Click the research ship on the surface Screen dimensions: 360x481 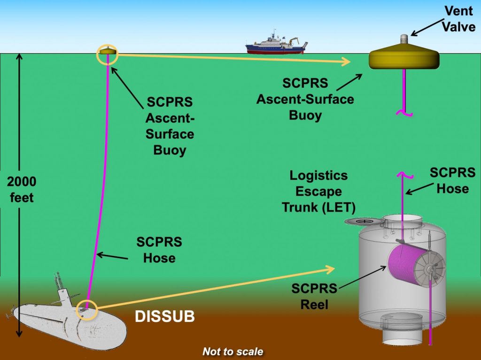point(276,44)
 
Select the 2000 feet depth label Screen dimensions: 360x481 point(22,190)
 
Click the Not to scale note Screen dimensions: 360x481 point(233,352)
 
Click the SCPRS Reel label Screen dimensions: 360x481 point(314,296)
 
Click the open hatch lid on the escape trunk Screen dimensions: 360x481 point(362,221)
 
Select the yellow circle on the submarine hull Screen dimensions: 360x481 point(87,310)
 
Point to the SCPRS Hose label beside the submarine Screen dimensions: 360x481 point(159,250)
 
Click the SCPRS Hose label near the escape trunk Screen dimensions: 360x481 point(452,181)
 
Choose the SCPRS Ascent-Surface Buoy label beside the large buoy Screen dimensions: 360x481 point(305,99)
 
